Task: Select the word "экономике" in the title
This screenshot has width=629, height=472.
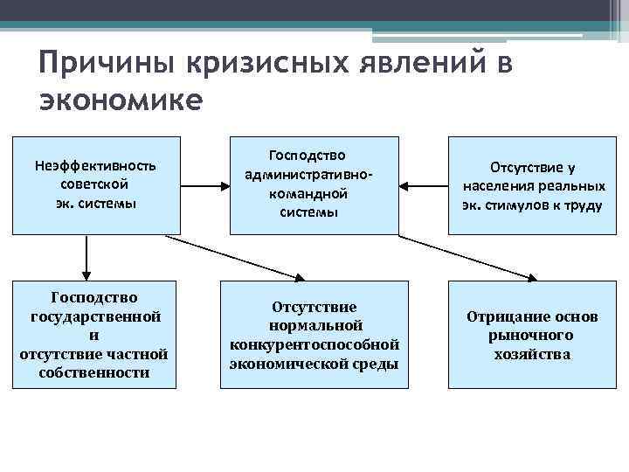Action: (x=121, y=100)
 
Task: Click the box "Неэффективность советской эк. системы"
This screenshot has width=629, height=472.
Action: (x=95, y=185)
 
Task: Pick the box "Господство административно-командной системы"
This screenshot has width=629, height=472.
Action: (x=314, y=185)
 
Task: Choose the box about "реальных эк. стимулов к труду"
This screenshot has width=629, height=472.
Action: (x=533, y=185)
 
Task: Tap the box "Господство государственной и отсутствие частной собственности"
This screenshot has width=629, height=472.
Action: (x=94, y=335)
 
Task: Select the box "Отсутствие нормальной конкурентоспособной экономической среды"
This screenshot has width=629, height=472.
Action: (x=314, y=335)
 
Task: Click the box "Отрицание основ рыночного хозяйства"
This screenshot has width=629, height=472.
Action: (x=533, y=335)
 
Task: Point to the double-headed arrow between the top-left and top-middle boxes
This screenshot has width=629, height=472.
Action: (x=205, y=185)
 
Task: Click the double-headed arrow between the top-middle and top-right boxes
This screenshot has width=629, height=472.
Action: (x=424, y=185)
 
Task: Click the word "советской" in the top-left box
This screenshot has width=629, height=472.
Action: (x=95, y=185)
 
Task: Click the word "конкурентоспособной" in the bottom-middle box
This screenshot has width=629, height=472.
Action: (x=314, y=344)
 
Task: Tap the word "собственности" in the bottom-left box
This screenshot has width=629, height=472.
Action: (x=94, y=372)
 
